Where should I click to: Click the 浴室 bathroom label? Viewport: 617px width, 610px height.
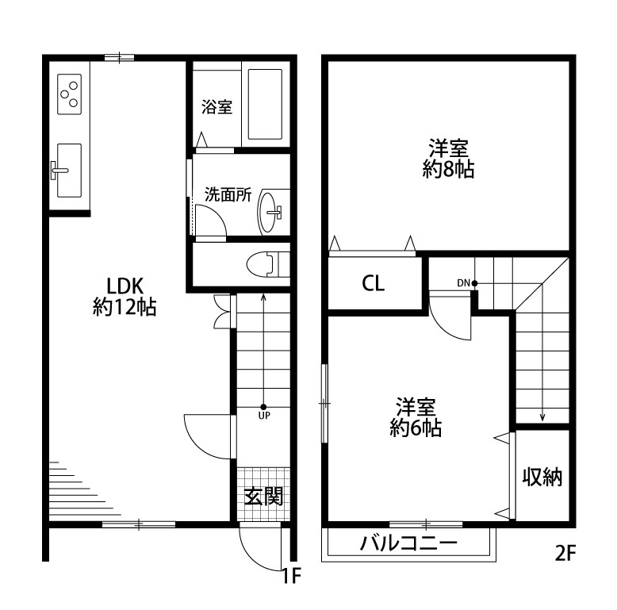click(x=217, y=107)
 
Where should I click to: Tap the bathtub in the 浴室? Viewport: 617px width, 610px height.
click(x=265, y=104)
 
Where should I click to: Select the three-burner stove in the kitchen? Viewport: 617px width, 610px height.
click(x=69, y=94)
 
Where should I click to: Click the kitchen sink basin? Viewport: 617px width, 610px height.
click(x=69, y=170)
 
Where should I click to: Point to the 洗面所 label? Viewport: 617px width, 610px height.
click(x=228, y=194)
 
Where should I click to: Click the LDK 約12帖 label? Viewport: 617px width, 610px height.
click(x=125, y=297)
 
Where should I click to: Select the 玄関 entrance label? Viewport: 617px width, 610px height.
click(x=263, y=497)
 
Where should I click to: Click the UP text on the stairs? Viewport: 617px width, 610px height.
click(x=264, y=416)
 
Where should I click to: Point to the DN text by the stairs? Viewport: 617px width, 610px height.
click(x=463, y=283)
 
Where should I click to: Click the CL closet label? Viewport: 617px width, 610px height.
click(x=373, y=283)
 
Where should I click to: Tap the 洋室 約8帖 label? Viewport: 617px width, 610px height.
click(x=449, y=159)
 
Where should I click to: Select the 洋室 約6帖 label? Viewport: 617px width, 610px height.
click(x=416, y=417)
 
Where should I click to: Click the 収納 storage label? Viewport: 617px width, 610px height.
click(x=542, y=477)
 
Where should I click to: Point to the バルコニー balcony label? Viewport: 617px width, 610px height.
click(x=409, y=543)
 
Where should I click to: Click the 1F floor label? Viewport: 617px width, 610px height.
click(x=292, y=577)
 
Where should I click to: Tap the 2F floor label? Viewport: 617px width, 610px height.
click(x=565, y=554)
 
